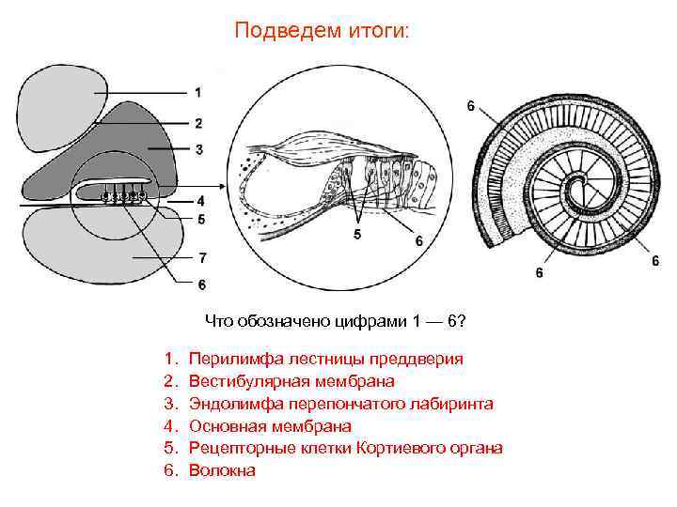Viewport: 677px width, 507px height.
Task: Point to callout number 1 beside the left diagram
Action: click(x=197, y=92)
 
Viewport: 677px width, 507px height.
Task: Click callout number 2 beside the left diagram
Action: click(x=197, y=123)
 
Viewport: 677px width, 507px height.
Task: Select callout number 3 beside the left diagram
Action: click(x=197, y=148)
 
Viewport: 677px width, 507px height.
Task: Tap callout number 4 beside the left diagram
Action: click(x=200, y=200)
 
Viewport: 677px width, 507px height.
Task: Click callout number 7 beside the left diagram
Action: click(x=202, y=256)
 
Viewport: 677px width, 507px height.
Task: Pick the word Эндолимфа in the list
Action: click(x=230, y=404)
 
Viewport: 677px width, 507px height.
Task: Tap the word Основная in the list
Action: click(x=224, y=426)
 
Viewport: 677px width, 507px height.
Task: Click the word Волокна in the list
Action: click(x=222, y=470)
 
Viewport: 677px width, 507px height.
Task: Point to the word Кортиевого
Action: click(x=401, y=449)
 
